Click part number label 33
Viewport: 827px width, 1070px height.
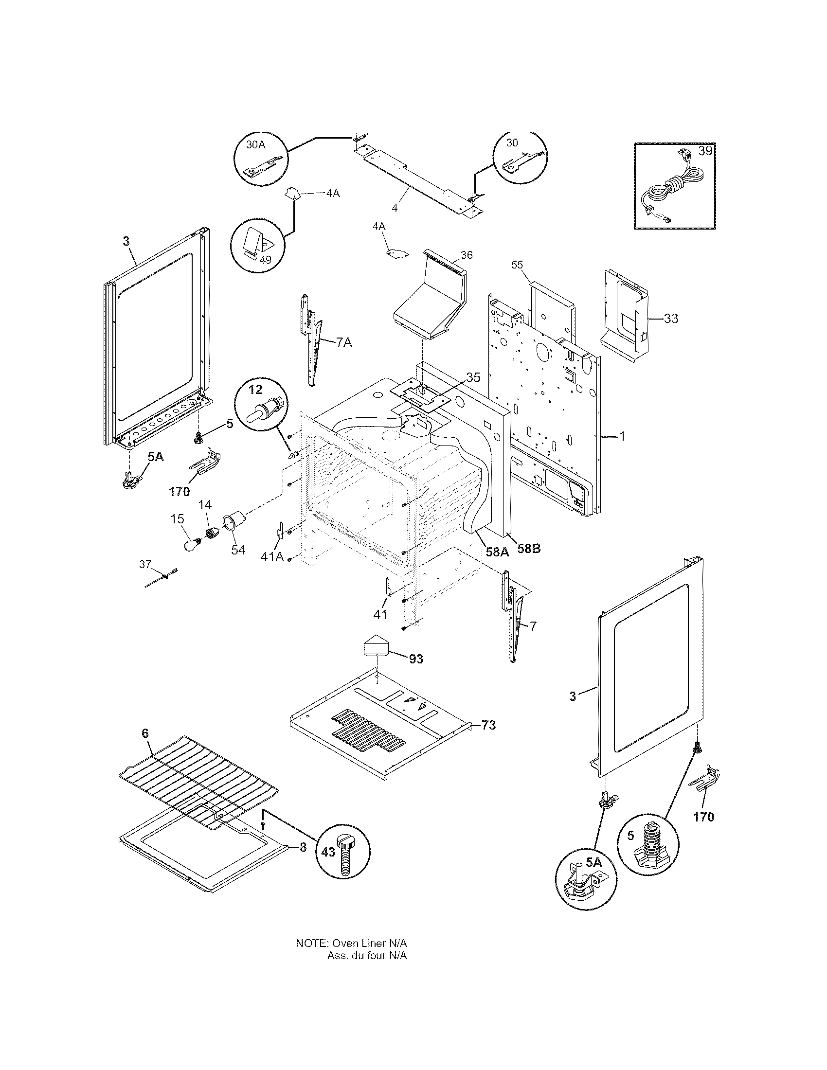pos(671,319)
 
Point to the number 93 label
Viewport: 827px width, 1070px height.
pos(416,659)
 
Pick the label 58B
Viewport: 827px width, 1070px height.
pos(529,549)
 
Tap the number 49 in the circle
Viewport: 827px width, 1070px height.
pos(265,260)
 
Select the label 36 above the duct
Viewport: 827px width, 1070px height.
pos(467,255)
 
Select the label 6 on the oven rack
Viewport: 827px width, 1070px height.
pos(144,747)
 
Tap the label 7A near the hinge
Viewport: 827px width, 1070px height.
pos(344,342)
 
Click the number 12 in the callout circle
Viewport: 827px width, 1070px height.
pos(256,390)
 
